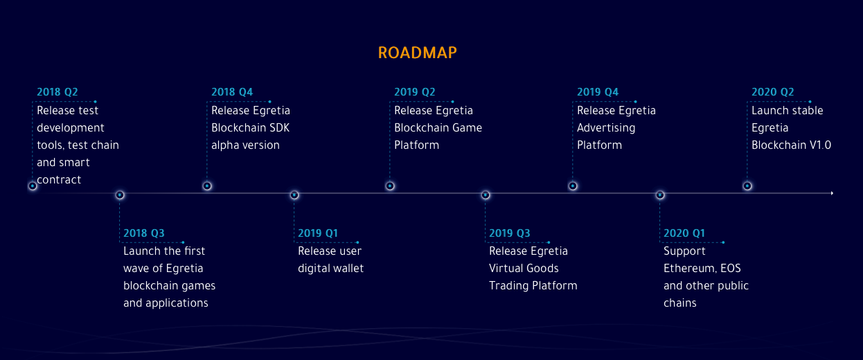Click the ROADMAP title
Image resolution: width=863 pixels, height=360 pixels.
(x=417, y=53)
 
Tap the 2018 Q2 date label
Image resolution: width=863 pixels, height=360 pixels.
(x=57, y=92)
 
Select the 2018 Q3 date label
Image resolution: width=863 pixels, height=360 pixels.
(x=143, y=233)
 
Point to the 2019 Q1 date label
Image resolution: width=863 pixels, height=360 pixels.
(x=318, y=233)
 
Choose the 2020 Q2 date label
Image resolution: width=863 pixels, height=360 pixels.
(x=772, y=92)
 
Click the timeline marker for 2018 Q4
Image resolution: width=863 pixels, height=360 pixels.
(x=207, y=186)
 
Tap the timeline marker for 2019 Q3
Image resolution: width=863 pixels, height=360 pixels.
(x=486, y=195)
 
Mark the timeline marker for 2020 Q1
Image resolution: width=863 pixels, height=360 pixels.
(x=660, y=195)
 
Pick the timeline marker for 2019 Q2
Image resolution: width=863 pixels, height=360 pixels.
(x=390, y=186)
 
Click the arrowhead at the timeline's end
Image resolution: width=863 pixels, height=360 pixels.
(x=833, y=193)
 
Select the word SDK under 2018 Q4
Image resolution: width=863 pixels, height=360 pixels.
(x=279, y=128)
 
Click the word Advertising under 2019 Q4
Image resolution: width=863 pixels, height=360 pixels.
(x=606, y=128)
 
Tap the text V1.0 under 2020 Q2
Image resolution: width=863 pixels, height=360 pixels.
(x=820, y=145)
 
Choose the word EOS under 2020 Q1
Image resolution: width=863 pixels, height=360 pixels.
(x=731, y=269)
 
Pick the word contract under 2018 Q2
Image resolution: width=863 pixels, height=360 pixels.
(x=59, y=180)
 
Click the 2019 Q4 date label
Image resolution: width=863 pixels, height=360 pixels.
(x=598, y=92)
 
